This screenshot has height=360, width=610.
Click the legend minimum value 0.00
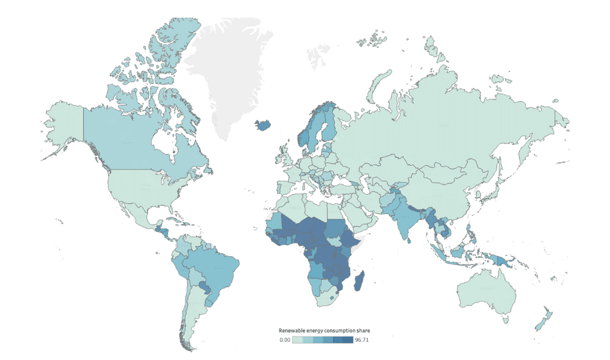[285, 340]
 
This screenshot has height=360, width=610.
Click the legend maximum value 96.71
[362, 340]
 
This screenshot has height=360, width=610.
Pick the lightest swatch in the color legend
[297, 340]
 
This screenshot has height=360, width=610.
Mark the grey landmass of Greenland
[229, 71]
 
